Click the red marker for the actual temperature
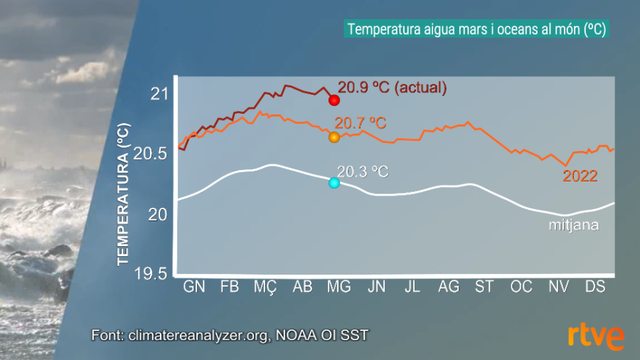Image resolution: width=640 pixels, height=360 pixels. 334,100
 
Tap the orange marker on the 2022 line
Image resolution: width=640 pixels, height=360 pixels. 334,137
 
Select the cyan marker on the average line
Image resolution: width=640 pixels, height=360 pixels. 334,183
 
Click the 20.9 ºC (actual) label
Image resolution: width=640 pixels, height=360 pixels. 392,88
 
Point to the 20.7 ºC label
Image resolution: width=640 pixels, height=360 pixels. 361,123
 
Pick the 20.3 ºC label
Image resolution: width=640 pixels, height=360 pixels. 363,171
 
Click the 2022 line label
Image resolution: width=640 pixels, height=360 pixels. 580,176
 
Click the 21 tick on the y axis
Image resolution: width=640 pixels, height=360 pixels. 159,94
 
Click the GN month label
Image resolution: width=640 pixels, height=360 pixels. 194,287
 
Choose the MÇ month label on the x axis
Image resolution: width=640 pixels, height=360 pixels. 265,287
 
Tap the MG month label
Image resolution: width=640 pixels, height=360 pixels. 338,287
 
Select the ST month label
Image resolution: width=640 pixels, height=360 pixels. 484,287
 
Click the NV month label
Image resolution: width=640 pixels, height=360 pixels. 558,287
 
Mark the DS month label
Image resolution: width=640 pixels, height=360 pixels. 594,287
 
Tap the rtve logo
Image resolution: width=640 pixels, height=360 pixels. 596,337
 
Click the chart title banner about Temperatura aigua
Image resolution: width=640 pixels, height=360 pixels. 476,30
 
